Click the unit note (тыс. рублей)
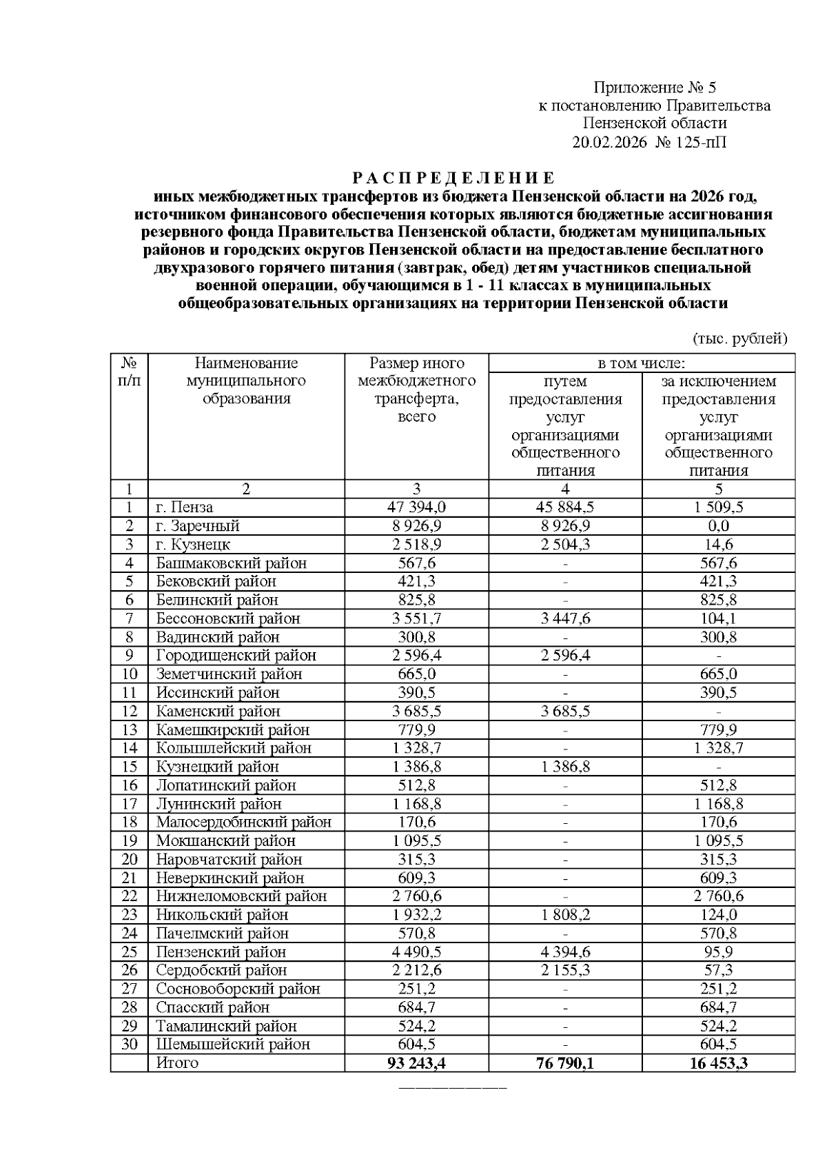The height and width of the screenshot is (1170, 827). [739, 338]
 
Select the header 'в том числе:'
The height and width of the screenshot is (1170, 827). [641, 363]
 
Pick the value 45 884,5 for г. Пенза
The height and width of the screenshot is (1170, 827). [565, 507]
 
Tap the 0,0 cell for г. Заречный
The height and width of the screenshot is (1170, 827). [718, 526]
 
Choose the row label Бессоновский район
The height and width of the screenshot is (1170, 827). [228, 618]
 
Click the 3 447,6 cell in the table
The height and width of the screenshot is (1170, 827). [565, 618]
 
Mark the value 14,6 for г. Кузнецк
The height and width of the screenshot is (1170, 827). [718, 545]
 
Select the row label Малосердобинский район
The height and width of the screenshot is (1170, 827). [243, 822]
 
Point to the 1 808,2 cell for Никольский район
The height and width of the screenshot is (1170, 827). [565, 915]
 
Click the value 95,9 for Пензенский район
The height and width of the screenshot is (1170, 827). [718, 952]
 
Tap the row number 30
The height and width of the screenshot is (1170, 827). [130, 1045]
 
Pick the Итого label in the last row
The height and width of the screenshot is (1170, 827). [177, 1063]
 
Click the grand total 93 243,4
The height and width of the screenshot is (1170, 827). [416, 1063]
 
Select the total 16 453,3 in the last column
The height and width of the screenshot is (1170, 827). [718, 1063]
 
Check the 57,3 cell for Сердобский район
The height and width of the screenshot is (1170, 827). [718, 970]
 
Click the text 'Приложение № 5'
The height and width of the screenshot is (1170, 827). [655, 88]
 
